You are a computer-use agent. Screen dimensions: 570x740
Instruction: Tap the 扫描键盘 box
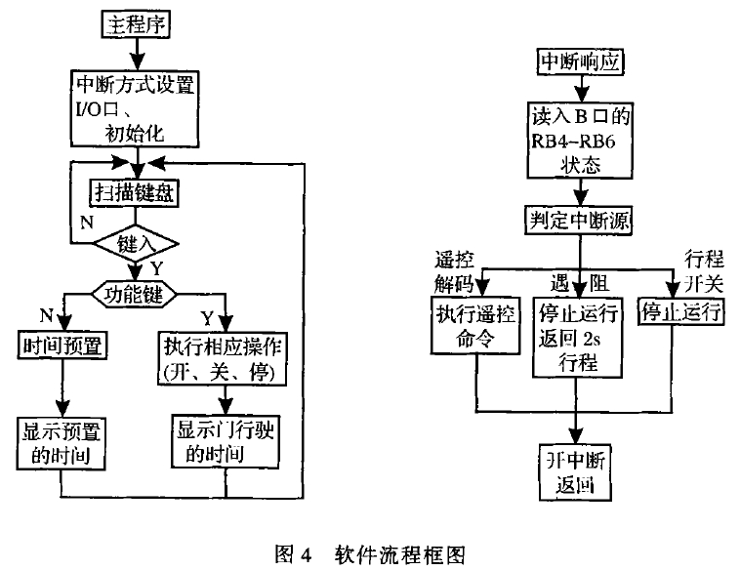[135, 192]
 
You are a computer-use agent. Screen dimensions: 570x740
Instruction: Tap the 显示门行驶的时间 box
[224, 441]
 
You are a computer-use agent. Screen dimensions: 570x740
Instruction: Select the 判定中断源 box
[580, 222]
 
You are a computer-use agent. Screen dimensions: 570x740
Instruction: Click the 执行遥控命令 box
[476, 325]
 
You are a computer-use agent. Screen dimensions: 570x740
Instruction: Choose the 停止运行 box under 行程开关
[679, 312]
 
